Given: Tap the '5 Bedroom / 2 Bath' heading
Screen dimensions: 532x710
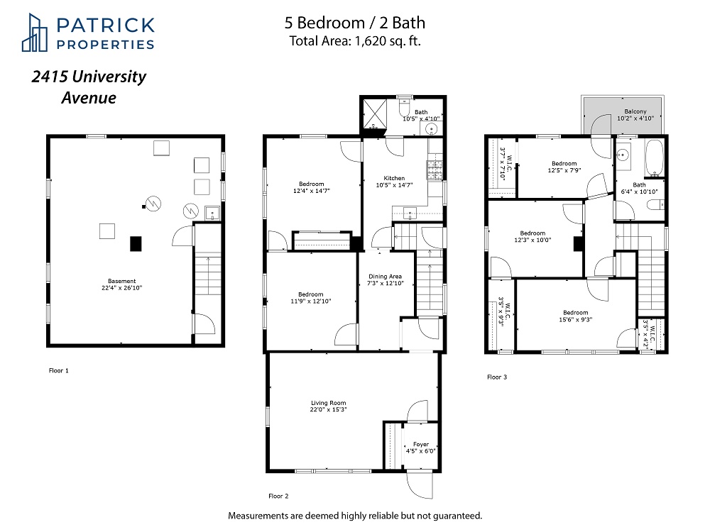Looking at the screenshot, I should [354, 23].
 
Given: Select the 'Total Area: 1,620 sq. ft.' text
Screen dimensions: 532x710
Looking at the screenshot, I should [354, 40].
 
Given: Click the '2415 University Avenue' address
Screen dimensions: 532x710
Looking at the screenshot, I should [89, 87].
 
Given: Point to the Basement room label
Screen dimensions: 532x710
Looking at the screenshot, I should [121, 284].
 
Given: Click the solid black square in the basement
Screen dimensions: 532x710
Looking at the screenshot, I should [136, 243].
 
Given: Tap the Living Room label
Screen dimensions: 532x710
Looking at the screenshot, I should [328, 406].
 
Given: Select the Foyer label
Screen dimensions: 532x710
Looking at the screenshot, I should [421, 447].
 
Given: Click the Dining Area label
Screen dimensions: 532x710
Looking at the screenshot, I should [385, 280].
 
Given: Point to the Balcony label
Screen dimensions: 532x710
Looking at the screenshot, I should [635, 115].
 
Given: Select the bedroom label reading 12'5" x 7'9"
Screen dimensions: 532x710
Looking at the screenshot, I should [564, 167].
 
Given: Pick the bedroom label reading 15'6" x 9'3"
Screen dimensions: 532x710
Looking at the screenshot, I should [575, 316].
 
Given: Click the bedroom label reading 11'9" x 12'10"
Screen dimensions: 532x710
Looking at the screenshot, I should [310, 298].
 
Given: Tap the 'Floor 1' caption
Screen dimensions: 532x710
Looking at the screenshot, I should [58, 370].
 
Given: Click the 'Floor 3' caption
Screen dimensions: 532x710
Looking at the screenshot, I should [497, 377].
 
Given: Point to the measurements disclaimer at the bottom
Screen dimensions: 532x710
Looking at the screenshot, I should [354, 515].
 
